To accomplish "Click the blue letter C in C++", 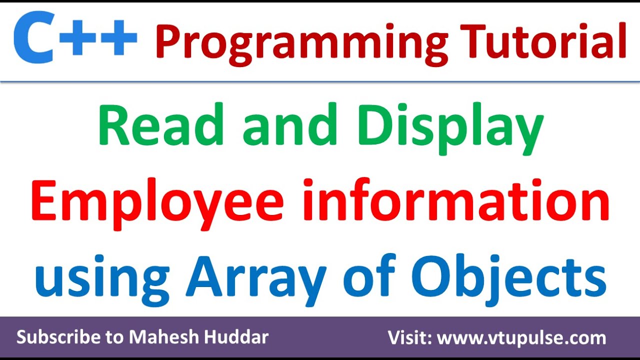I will click(x=34, y=39).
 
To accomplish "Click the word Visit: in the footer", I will click(x=410, y=338).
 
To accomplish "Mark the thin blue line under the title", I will click(x=320, y=81).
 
